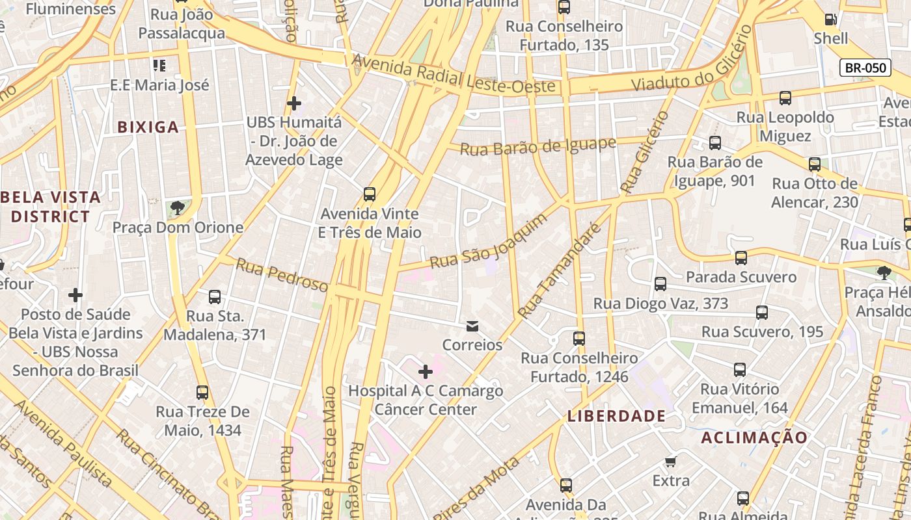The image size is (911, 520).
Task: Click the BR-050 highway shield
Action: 865,68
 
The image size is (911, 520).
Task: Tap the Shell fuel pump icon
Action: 830,19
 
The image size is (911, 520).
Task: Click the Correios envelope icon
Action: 472,326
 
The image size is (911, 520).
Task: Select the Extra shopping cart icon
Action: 671,461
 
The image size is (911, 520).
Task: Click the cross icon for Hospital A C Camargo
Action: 426,372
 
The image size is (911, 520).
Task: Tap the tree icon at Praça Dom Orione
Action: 177,208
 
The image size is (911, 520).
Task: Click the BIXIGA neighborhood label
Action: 148,127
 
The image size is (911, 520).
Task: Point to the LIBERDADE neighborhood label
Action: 616,416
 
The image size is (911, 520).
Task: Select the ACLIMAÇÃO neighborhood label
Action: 754,437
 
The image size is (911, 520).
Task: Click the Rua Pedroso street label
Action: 282,275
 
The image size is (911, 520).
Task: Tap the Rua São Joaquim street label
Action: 488,241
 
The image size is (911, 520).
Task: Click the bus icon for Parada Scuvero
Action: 741,258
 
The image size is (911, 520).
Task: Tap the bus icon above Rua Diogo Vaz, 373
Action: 660,284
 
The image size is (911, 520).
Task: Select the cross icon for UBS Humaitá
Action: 294,103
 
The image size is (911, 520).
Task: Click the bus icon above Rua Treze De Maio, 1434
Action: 202,393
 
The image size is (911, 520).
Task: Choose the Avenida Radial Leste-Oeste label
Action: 454,73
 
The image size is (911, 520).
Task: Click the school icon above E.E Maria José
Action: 159,66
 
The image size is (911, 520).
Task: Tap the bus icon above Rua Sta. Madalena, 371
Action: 215,297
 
